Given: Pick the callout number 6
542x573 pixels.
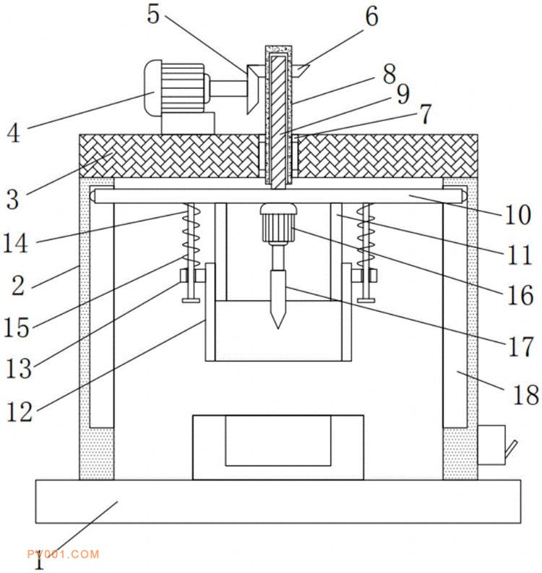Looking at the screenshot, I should click(371, 17).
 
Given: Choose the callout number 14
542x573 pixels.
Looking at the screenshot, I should click(15, 243).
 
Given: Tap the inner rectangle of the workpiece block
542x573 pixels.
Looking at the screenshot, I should click(278, 441).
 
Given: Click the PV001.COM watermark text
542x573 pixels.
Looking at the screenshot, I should click(62, 554).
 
